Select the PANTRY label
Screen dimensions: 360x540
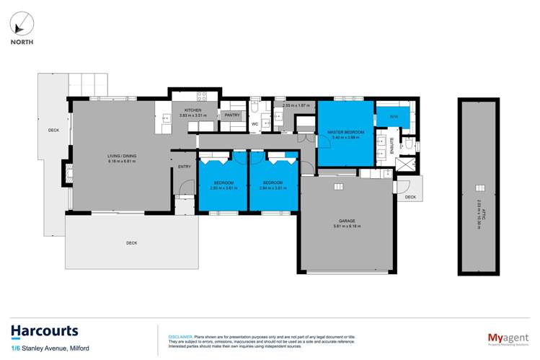click(x=232, y=115)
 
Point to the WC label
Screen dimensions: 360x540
click(x=254, y=124)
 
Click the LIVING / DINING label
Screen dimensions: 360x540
click(x=122, y=156)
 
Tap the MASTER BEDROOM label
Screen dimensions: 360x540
click(x=346, y=133)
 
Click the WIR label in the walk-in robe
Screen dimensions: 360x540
click(x=394, y=116)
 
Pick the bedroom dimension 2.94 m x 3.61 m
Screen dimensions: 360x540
click(x=273, y=188)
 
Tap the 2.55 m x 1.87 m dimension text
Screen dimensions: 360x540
click(x=296, y=105)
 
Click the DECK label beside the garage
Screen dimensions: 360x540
click(x=410, y=197)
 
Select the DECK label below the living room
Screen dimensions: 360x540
click(x=131, y=243)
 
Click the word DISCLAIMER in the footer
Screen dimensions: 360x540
click(x=180, y=336)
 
